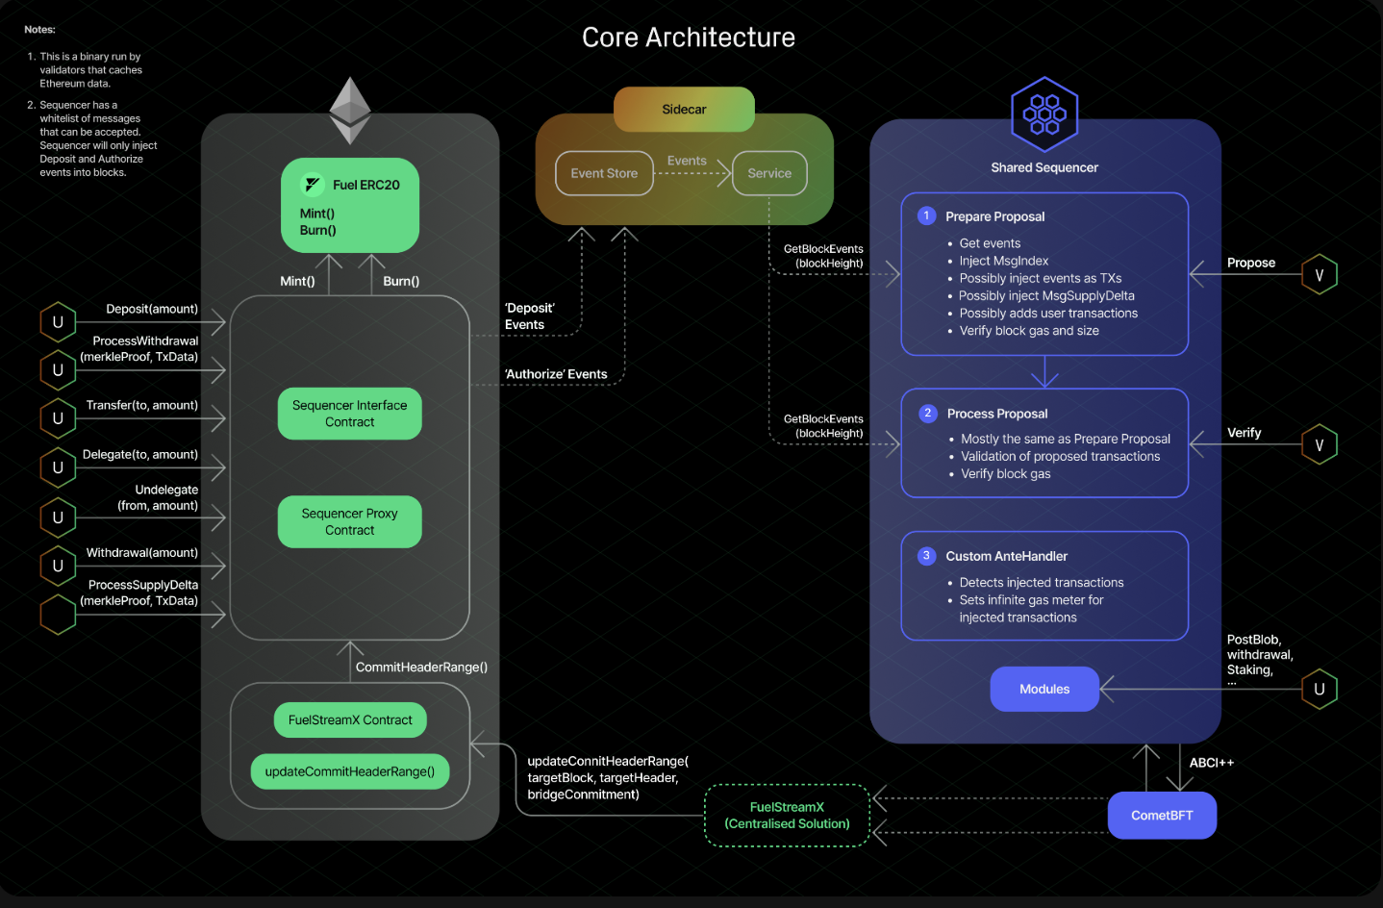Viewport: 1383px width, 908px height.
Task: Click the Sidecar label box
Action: pyautogui.click(x=684, y=110)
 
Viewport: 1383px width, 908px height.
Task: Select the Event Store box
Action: pyautogui.click(x=604, y=173)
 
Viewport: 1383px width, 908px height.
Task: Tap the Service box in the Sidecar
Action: pyautogui.click(x=769, y=173)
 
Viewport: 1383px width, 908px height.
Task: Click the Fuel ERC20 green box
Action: pyautogui.click(x=350, y=205)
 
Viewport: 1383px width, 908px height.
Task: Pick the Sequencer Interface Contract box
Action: pyautogui.click(x=349, y=414)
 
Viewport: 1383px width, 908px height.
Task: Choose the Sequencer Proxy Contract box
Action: pyautogui.click(x=349, y=521)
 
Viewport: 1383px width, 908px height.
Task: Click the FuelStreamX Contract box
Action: pyautogui.click(x=350, y=719)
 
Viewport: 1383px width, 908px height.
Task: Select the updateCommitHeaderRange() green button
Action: pyautogui.click(x=350, y=771)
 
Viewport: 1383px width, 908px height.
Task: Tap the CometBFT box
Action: pyautogui.click(x=1162, y=816)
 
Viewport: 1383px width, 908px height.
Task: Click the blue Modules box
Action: pyautogui.click(x=1044, y=689)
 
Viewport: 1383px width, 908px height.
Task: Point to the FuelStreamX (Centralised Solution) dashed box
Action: pyautogui.click(x=788, y=816)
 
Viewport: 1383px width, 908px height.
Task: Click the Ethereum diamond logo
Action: pyautogui.click(x=350, y=111)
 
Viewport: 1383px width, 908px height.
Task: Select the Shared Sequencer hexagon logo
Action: pyautogui.click(x=1044, y=114)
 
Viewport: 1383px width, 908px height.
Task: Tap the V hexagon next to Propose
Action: pyautogui.click(x=1320, y=274)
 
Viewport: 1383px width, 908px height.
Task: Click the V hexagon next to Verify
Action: pyautogui.click(x=1320, y=444)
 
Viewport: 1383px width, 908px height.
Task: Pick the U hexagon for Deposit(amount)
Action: pyautogui.click(x=58, y=322)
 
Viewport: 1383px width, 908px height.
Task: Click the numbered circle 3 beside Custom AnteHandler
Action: pyautogui.click(x=926, y=556)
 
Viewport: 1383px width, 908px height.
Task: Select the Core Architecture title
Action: pyautogui.click(x=689, y=38)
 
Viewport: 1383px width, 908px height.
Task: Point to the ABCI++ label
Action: pyautogui.click(x=1212, y=763)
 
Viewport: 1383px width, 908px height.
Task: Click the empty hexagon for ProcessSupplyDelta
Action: pyautogui.click(x=58, y=615)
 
